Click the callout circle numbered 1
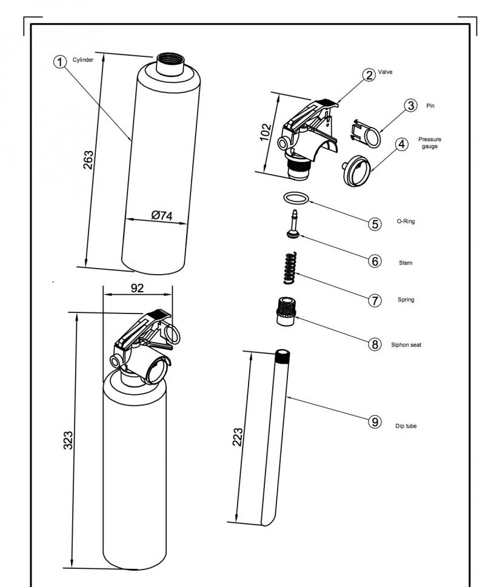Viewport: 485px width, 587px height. tap(59, 61)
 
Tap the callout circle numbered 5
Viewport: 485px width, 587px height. tap(375, 224)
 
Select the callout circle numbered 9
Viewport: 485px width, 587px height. tap(375, 422)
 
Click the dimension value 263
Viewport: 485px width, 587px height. tap(89, 160)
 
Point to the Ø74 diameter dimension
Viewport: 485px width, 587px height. tap(162, 215)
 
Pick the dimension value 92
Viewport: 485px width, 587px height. tap(137, 288)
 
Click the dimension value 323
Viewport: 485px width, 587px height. tap(68, 440)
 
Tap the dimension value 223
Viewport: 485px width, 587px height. tap(238, 437)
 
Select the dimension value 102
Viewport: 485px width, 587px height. tap(266, 132)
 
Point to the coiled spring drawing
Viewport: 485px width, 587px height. tap(290, 267)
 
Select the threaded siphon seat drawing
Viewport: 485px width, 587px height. tap(286, 312)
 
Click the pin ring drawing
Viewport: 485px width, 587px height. tap(366, 133)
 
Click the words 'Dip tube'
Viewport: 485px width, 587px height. tap(406, 426)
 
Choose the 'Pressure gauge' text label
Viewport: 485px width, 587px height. tap(430, 143)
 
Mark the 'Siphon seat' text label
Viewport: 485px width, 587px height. tap(406, 345)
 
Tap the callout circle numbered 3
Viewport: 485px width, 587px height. tap(411, 105)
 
